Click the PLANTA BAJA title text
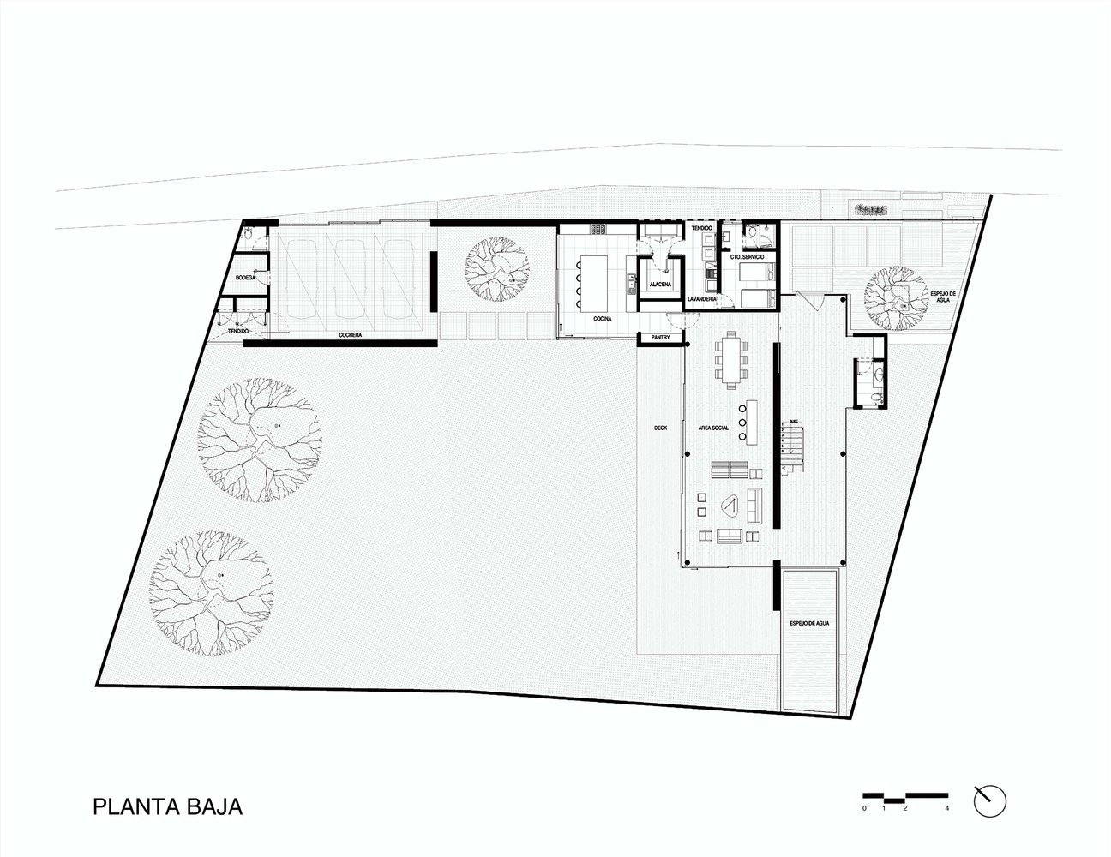coord(168,806)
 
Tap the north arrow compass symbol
coord(989,800)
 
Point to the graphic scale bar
coord(904,797)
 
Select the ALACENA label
coord(660,284)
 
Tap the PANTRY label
coord(661,337)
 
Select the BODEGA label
coord(246,279)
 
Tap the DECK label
coord(659,427)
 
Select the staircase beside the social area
coord(795,446)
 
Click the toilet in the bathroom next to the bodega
coord(247,232)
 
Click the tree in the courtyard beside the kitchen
coord(495,267)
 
